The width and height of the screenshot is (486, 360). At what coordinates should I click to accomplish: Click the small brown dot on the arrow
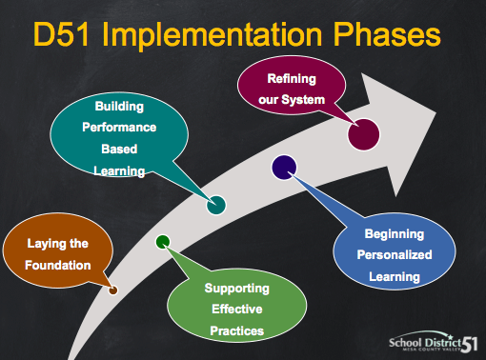pos(113,290)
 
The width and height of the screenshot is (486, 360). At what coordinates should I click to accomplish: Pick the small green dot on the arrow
pos(163,241)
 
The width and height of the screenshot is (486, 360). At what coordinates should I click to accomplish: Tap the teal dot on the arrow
pos(216,203)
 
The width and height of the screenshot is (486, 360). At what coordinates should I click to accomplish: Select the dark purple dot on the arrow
pos(283,168)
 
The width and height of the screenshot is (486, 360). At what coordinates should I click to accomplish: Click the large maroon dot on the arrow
pos(364,133)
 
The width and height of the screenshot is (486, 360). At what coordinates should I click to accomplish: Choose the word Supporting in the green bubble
pos(237,288)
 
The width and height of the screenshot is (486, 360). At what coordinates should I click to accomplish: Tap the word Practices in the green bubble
pos(237,330)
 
